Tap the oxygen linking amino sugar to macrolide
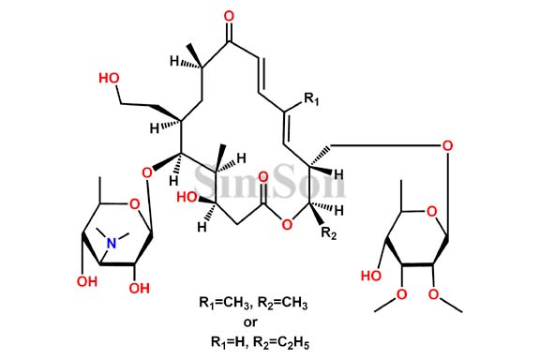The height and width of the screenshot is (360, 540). coord(145,172)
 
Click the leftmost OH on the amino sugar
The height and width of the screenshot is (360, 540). coord(87,281)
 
